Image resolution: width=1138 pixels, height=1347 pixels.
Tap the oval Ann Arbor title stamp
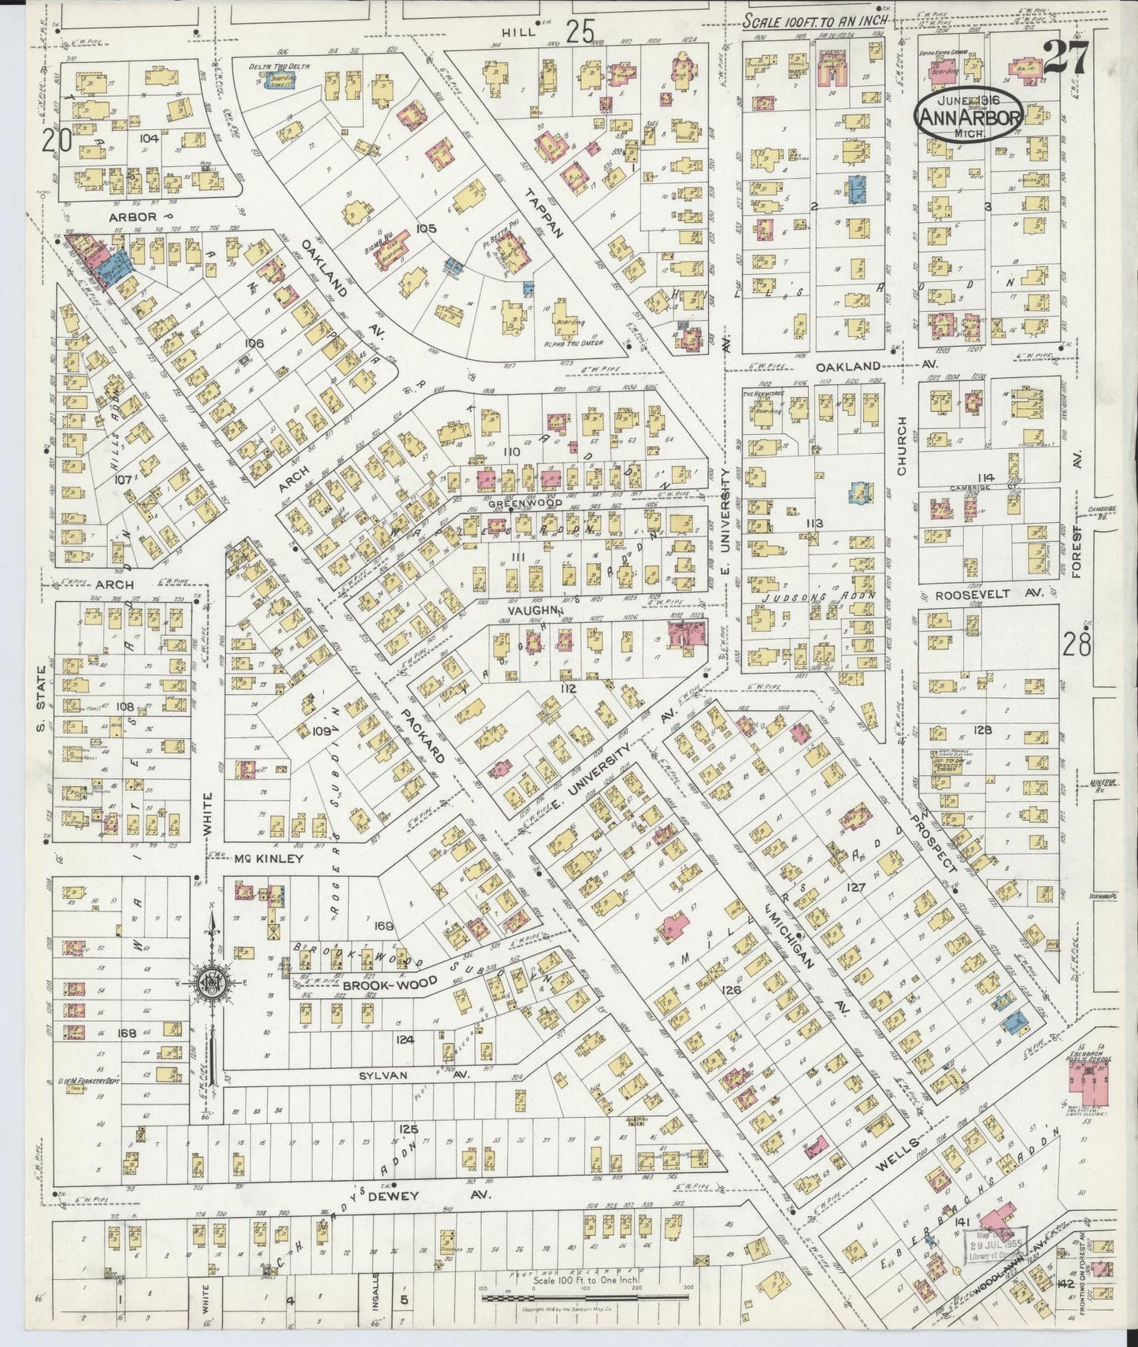pos(968,118)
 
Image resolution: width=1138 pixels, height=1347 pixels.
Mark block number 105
pos(425,228)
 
